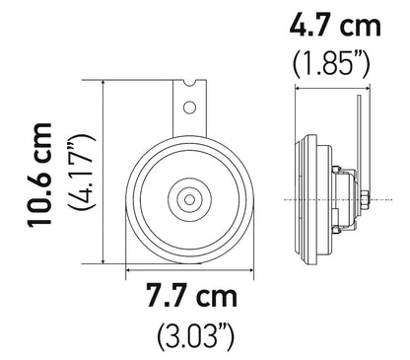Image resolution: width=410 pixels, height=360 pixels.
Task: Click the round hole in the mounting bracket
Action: pos(187,106)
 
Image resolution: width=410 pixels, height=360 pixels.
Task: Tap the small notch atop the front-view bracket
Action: pos(188,83)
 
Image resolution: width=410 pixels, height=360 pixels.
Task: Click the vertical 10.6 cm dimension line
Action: pos(102,173)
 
